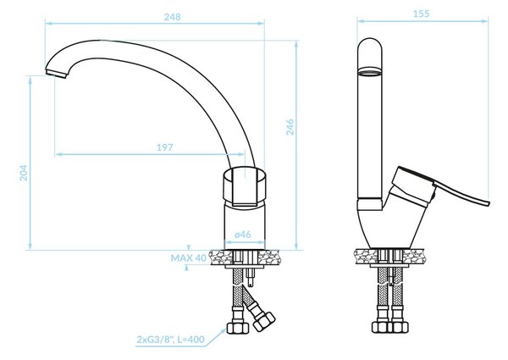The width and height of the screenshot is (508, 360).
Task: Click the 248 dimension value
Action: pos(172,17)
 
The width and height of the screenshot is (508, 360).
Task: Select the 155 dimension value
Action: pos(421,14)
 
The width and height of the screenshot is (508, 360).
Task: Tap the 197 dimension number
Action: pos(165,147)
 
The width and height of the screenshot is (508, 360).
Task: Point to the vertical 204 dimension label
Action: pos(24,173)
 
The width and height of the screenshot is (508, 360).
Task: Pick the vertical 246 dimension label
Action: pos(290,127)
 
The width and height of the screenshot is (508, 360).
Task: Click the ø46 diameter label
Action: pos(243,234)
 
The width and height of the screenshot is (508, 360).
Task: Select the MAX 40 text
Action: pos(188,258)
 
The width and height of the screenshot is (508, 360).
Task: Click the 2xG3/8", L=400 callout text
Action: pos(171,340)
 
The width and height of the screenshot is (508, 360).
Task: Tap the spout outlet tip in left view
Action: pos(56,73)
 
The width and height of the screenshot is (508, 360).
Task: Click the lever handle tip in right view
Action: pos(488,203)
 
